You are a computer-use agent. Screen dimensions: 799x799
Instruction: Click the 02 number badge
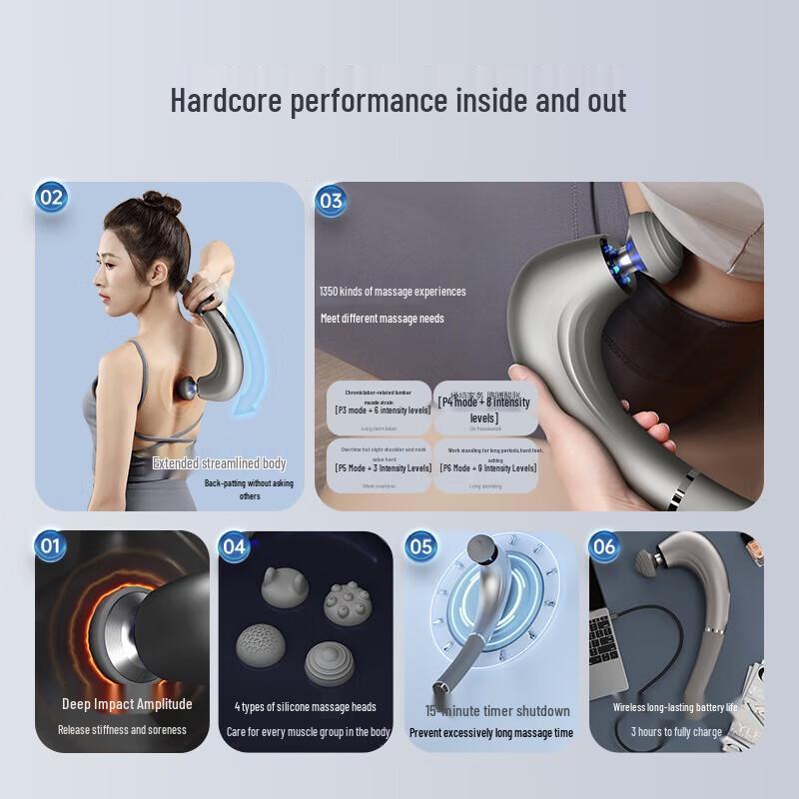pos(50,197)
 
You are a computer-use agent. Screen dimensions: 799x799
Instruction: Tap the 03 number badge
pos(331,201)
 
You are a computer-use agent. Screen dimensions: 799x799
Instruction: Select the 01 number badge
pos(50,546)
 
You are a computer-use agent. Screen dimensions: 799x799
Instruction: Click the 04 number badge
pos(234,546)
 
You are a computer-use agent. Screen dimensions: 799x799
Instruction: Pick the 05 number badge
pos(421,546)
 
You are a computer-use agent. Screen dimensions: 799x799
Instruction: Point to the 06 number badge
pos(604,546)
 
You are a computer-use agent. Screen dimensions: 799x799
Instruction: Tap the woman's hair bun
pos(161,203)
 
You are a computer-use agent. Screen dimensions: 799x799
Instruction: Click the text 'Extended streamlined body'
pos(219,463)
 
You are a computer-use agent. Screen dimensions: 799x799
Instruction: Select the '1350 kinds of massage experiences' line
pos(393,292)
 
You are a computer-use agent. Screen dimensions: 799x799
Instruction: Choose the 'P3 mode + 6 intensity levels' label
pos(383,409)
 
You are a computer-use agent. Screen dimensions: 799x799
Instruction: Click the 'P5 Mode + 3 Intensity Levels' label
pos(384,467)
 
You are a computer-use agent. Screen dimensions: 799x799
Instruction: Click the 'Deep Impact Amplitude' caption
pos(127,704)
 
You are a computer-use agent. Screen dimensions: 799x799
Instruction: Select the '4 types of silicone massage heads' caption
pos(306,707)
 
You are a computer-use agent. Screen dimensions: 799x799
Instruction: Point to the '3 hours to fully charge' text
pos(676,732)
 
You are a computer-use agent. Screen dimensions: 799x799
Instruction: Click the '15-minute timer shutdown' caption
pos(497,711)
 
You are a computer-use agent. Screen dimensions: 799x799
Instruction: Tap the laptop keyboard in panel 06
pos(606,640)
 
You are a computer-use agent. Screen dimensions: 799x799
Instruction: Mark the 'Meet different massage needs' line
pos(383,319)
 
